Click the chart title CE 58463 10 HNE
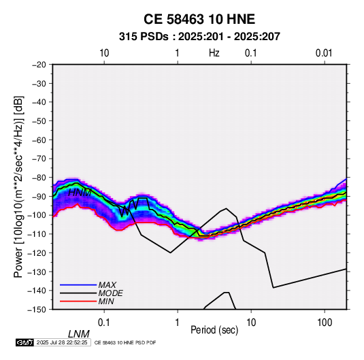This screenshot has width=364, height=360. point(199,19)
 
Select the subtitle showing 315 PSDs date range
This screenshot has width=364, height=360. point(199,37)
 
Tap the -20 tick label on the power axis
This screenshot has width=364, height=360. point(39,65)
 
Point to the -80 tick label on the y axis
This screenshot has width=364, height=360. point(39,178)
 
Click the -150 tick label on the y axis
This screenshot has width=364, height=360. point(37,310)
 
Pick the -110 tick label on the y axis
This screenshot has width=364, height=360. point(37,234)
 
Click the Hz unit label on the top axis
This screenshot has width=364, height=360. point(214,53)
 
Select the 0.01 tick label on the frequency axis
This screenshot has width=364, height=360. point(324,53)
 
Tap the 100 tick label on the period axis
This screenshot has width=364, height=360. point(325,323)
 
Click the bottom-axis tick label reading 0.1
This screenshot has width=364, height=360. point(104,323)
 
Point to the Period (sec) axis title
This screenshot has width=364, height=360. point(214,330)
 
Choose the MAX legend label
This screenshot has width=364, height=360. point(107,284)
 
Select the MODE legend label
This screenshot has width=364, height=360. point(110,293)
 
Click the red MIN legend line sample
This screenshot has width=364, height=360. point(78,301)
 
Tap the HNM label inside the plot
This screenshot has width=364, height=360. point(80,193)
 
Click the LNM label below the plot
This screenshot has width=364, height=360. point(79,334)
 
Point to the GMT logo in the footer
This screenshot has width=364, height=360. point(25,342)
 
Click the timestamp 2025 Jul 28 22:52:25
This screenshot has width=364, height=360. point(62,342)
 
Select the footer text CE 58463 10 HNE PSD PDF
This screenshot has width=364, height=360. point(125,342)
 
